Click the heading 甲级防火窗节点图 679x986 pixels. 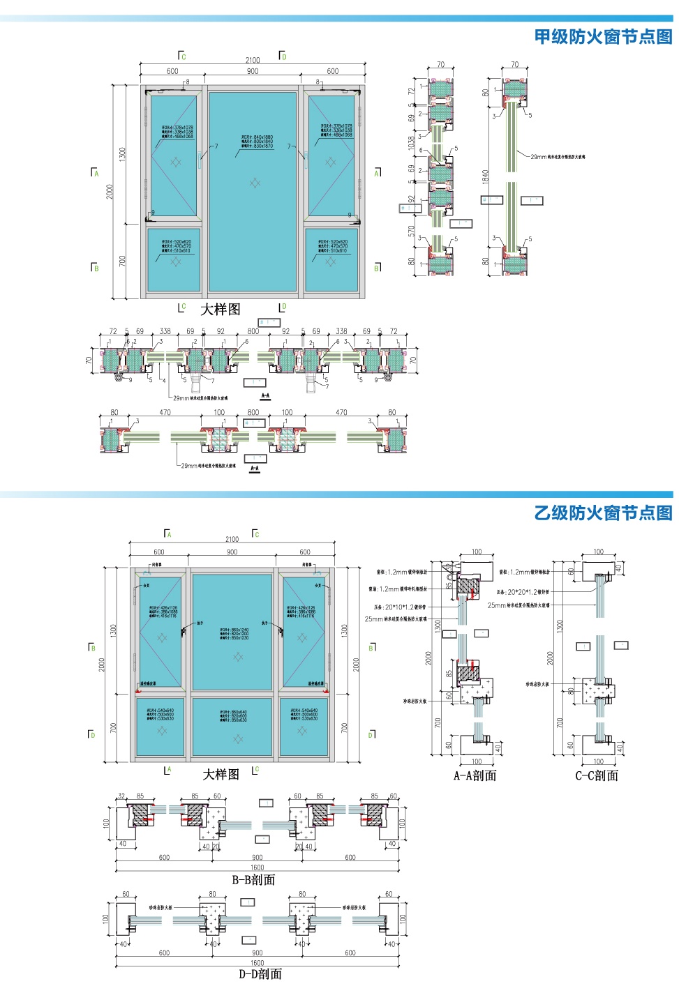[x=603, y=36]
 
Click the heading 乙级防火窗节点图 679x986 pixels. [x=603, y=513]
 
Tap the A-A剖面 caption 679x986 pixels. [x=475, y=775]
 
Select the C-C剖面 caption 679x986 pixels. [x=597, y=775]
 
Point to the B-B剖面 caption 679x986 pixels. [x=253, y=880]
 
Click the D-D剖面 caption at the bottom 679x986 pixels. [x=260, y=973]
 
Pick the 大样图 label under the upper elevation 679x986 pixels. [x=221, y=309]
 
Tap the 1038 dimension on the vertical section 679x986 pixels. [x=412, y=143]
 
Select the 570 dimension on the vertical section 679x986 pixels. [x=412, y=231]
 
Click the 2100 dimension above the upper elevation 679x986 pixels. [x=253, y=61]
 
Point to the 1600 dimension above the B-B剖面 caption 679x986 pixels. [x=258, y=868]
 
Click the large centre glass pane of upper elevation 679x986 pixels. [x=253, y=192]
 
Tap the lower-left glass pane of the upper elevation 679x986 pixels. [x=174, y=259]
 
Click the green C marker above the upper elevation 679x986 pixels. [x=183, y=56]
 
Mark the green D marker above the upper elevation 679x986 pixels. [x=283, y=56]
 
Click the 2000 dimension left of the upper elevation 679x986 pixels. [x=110, y=192]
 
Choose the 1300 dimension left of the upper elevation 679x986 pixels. [x=123, y=154]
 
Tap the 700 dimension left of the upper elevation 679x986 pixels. [x=123, y=261]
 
